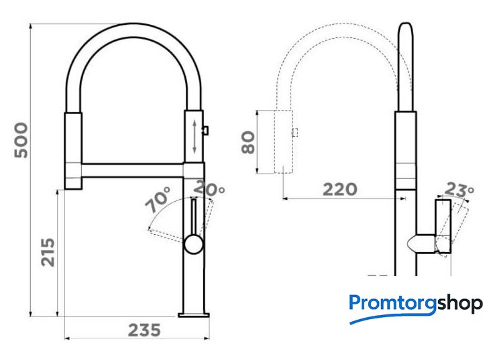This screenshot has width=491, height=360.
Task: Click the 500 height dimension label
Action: point(21,140)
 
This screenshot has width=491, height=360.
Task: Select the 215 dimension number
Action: point(48,252)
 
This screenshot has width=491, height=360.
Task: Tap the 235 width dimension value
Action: point(144,331)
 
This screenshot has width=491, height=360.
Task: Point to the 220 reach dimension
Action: point(340,189)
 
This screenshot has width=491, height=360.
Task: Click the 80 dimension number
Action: point(248,142)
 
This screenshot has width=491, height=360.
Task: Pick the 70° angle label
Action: point(158,199)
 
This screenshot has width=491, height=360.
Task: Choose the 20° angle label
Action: point(209,188)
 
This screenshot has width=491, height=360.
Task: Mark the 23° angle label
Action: point(459,189)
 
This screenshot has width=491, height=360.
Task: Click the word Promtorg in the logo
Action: point(392,303)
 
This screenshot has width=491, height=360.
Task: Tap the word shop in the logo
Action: point(459,303)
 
